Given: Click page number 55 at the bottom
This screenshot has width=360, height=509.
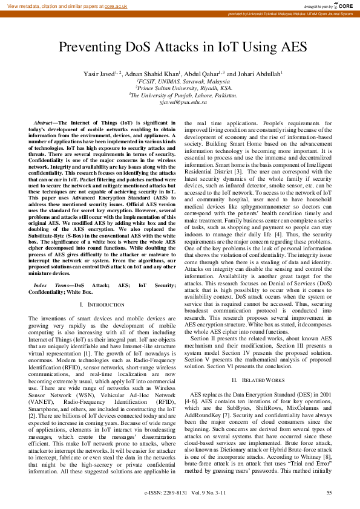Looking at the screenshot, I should click(329, 493).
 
